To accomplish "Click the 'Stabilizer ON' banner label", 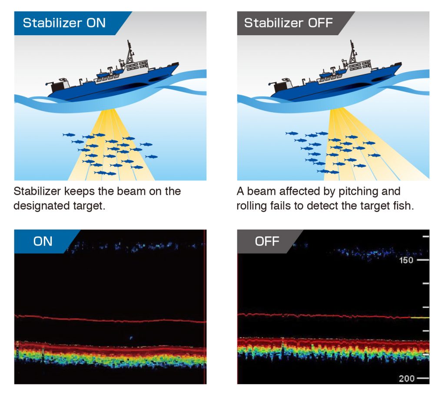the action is coord(64,23).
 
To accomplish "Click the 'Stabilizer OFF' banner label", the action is coord(288,23).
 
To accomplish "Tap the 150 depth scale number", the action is coord(406,260).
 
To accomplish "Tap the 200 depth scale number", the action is coord(406,378).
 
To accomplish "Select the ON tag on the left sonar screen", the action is coord(43,242).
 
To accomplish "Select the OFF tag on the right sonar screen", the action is coord(267,242).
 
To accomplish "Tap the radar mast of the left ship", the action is coord(130,53).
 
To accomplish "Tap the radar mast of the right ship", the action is coord(352,53).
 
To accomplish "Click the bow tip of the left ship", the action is coord(179,63).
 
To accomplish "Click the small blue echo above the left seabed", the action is coord(131,338).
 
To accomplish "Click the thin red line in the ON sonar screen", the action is coord(110,319).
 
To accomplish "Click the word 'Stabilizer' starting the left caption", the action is coord(37,191).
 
